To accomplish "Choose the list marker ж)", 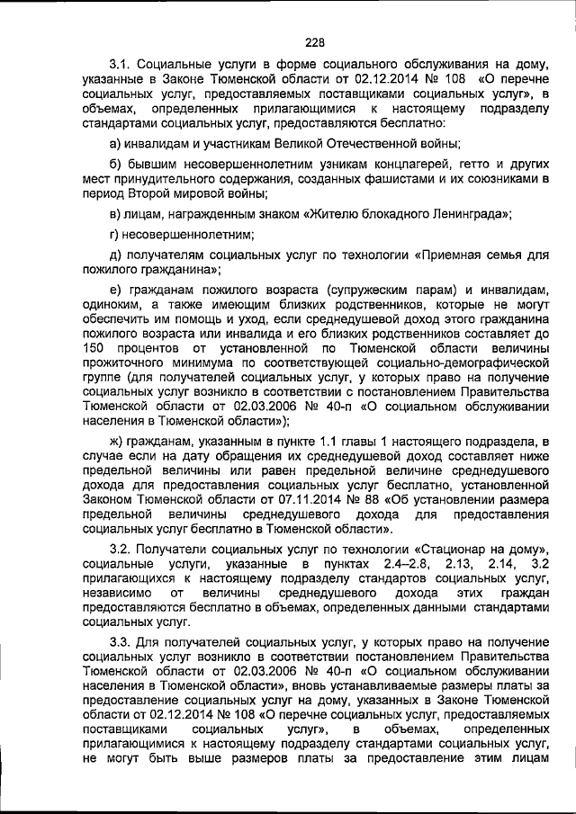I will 118,441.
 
